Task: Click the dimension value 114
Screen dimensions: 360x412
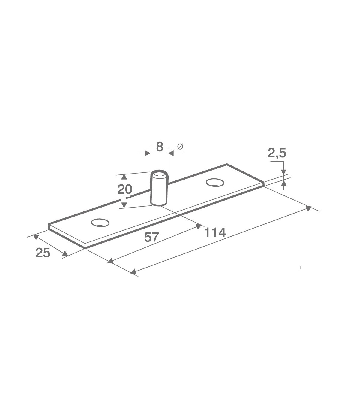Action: [215, 233]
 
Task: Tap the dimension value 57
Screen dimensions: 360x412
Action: [151, 237]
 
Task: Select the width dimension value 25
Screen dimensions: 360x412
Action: [43, 253]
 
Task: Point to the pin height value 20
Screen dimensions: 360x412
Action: [125, 189]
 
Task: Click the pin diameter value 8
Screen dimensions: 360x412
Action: [160, 147]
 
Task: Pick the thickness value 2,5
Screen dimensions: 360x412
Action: [277, 153]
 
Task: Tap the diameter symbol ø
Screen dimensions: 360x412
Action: [180, 147]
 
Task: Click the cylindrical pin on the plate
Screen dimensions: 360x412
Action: [159, 188]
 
